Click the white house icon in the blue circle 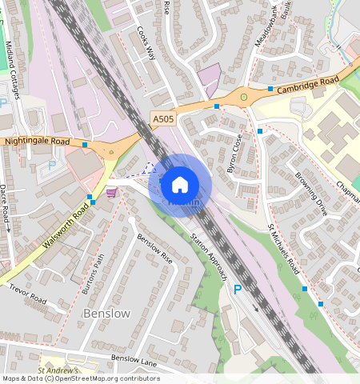[180, 185]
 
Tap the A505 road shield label [163, 119]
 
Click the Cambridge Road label [308, 84]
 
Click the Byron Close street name [234, 152]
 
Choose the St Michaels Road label [283, 249]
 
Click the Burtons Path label [94, 274]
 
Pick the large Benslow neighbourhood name [106, 314]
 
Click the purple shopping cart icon [111, 192]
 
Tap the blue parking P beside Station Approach [237, 288]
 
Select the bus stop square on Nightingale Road [85, 145]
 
